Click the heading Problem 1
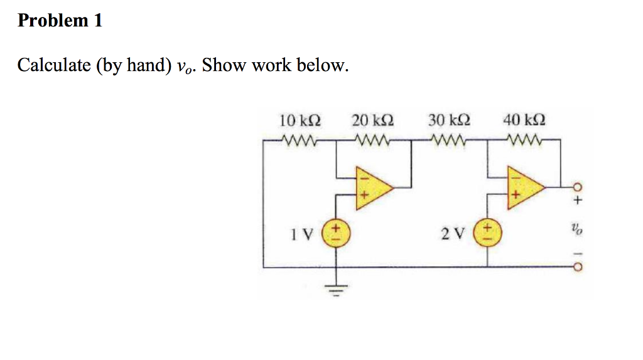click(60, 21)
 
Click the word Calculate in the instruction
click(53, 65)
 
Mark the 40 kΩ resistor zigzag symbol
click(524, 139)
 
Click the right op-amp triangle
click(525, 187)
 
